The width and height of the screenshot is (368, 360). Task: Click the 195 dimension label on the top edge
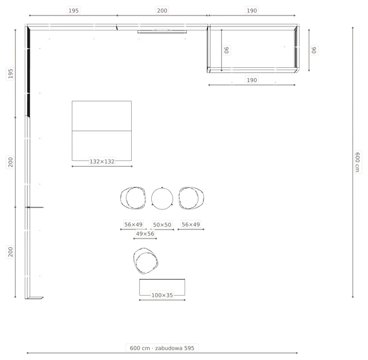(74, 10)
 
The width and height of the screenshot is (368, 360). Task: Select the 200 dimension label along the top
(162, 10)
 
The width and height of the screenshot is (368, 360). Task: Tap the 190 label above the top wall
(252, 10)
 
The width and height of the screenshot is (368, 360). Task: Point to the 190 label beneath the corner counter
(252, 80)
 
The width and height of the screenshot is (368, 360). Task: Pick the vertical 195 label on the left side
(10, 73)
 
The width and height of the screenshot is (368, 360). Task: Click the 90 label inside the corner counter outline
(227, 50)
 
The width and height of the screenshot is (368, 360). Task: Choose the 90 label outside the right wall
(314, 50)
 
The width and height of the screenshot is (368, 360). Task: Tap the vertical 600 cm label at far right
(357, 162)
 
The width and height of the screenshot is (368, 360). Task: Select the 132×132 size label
(102, 162)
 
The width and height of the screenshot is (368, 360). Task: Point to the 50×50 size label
(162, 225)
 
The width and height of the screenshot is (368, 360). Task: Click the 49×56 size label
(145, 233)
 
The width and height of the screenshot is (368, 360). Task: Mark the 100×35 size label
(162, 295)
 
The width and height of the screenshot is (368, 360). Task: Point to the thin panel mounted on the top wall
(162, 32)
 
